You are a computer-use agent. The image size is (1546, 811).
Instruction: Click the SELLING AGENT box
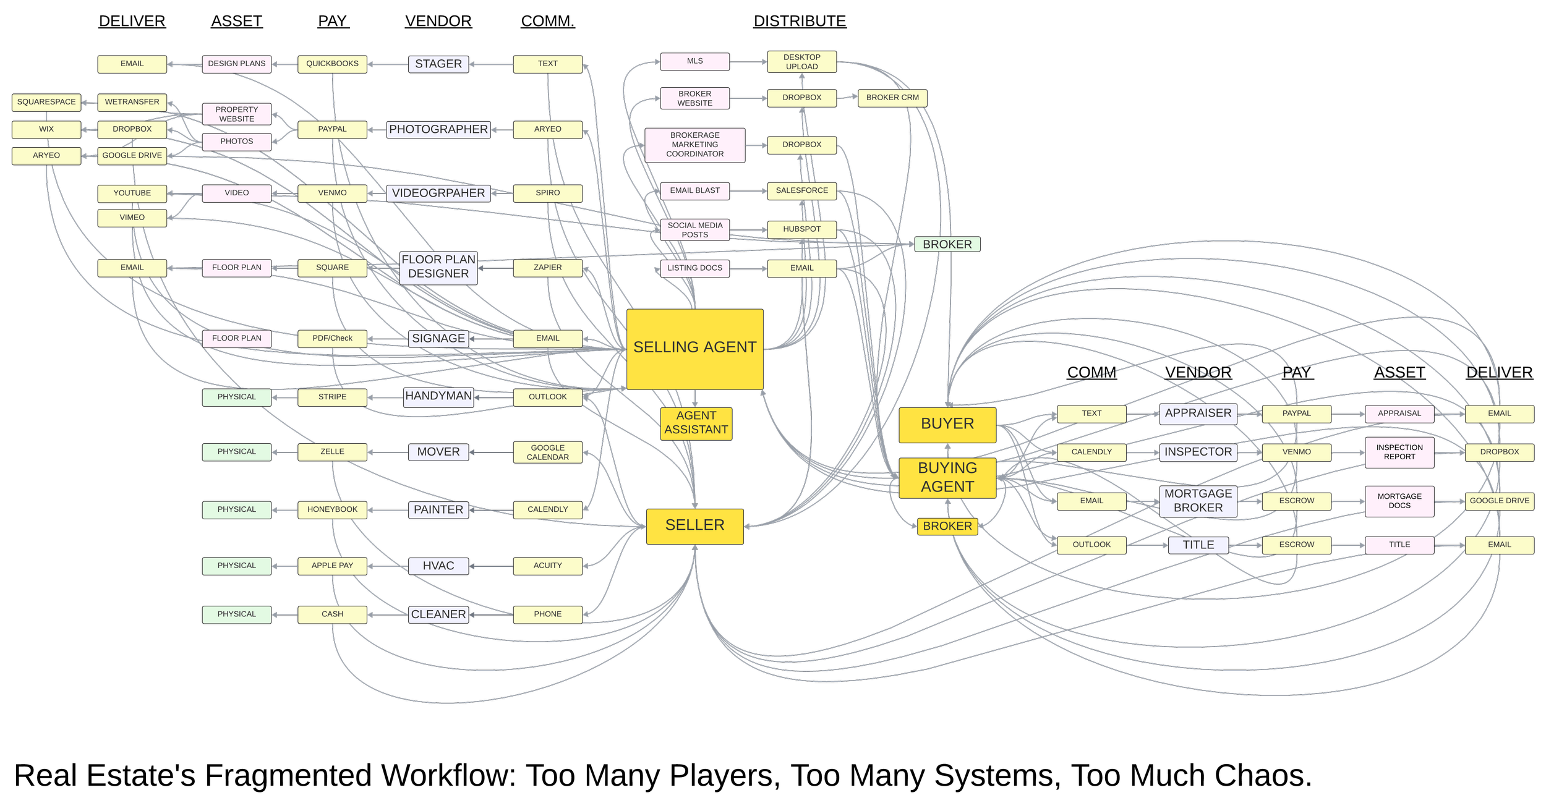pyautogui.click(x=694, y=349)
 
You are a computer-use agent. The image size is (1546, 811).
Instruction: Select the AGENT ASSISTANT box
pyautogui.click(x=696, y=423)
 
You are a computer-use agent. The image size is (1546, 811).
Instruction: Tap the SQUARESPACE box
pyautogui.click(x=46, y=102)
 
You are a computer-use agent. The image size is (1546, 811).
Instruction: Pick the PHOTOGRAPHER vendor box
pyautogui.click(x=438, y=129)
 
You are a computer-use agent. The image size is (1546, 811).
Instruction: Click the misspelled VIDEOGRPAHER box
pyautogui.click(x=438, y=193)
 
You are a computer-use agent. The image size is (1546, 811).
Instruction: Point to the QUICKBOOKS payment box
pyautogui.click(x=332, y=64)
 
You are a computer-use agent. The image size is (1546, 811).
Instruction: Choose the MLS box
pyautogui.click(x=694, y=61)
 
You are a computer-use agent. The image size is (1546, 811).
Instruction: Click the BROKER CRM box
pyautogui.click(x=892, y=98)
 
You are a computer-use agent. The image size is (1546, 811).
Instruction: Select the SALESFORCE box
pyautogui.click(x=801, y=191)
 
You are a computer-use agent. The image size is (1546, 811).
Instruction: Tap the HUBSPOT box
pyautogui.click(x=801, y=229)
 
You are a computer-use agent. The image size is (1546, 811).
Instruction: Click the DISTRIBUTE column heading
pyautogui.click(x=800, y=21)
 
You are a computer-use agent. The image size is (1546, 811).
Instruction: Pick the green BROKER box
pyautogui.click(x=947, y=244)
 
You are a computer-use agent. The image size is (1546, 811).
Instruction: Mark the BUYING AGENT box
pyautogui.click(x=947, y=478)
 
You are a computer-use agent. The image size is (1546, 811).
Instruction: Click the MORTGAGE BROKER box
pyautogui.click(x=1198, y=501)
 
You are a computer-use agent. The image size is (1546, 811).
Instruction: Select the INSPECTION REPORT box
pyautogui.click(x=1399, y=452)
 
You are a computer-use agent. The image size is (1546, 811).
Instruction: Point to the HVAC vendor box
pyautogui.click(x=438, y=566)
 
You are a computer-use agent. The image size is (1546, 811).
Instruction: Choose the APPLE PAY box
pyautogui.click(x=332, y=566)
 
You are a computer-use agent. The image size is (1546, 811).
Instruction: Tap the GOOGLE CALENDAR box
pyautogui.click(x=547, y=452)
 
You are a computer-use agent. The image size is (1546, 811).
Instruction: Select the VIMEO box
pyautogui.click(x=132, y=218)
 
